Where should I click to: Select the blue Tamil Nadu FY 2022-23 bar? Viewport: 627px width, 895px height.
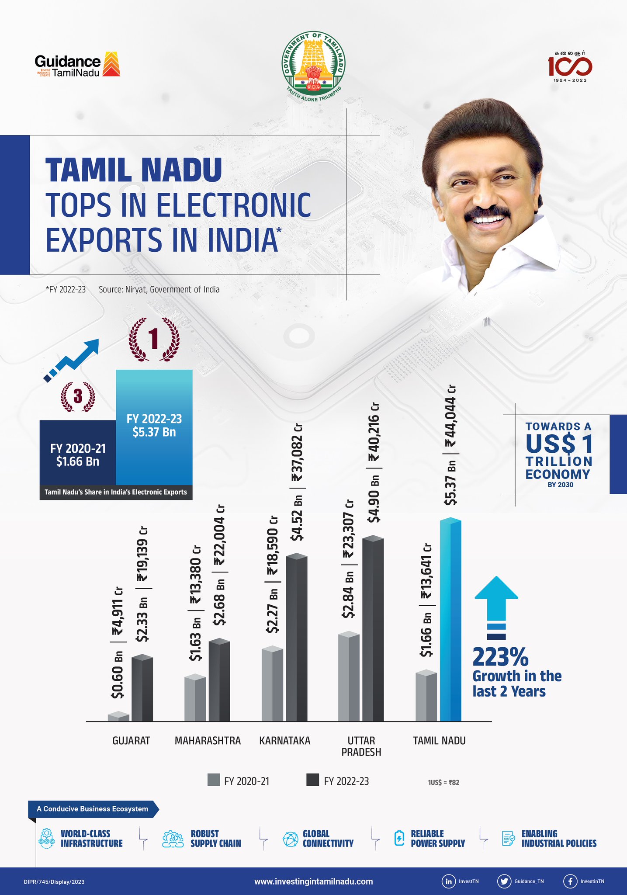[450, 621]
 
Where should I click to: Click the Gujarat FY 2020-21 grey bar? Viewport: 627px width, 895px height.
[118, 717]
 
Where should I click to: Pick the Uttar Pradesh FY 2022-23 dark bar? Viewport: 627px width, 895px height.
[373, 629]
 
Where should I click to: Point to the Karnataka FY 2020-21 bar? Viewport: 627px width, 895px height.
[272, 684]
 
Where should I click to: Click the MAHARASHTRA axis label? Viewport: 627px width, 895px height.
[208, 740]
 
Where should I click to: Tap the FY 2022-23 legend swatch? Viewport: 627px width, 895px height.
[312, 780]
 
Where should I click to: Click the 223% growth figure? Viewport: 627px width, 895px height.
[500, 657]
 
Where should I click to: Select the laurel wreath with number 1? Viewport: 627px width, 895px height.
[154, 340]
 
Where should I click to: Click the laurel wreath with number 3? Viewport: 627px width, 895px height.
[78, 397]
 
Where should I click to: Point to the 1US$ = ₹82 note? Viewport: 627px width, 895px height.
[443, 782]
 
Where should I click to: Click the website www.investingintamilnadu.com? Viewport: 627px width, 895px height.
[313, 881]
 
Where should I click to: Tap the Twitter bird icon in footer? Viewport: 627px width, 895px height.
[504, 881]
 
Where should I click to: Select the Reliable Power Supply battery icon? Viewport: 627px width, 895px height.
[399, 838]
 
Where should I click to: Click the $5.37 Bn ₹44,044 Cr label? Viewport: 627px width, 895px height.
[450, 446]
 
